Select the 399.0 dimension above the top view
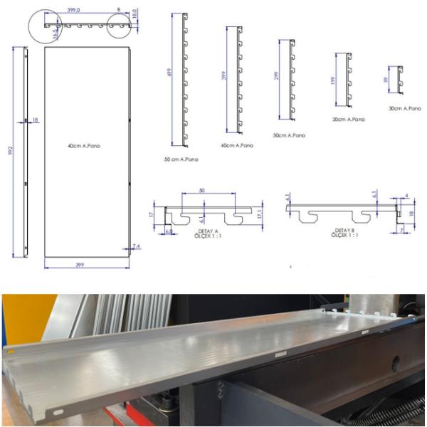tap(74, 10)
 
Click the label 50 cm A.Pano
tap(181, 159)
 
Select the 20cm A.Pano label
tap(348, 120)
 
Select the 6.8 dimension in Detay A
tap(169, 231)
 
